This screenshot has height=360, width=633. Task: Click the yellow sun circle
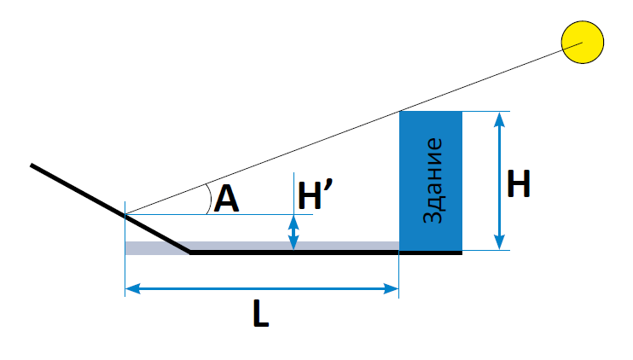pyautogui.click(x=583, y=42)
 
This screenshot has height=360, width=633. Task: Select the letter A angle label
pyautogui.click(x=226, y=200)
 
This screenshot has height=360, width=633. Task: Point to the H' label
pyautogui.click(x=320, y=196)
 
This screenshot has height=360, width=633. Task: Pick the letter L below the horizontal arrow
pyautogui.click(x=260, y=316)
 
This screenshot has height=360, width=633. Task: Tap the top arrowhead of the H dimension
pyautogui.click(x=498, y=118)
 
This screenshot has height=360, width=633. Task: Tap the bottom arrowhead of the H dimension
pyautogui.click(x=498, y=245)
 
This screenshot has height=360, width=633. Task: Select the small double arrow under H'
pyautogui.click(x=294, y=232)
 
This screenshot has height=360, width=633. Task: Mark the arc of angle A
pyautogui.click(x=210, y=200)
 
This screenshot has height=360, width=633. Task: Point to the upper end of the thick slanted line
pyautogui.click(x=32, y=165)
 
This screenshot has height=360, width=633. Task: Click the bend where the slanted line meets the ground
pyautogui.click(x=189, y=253)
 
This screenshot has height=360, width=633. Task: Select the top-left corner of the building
pyautogui.click(x=400, y=112)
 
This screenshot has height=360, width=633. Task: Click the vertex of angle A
pyautogui.click(x=126, y=215)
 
